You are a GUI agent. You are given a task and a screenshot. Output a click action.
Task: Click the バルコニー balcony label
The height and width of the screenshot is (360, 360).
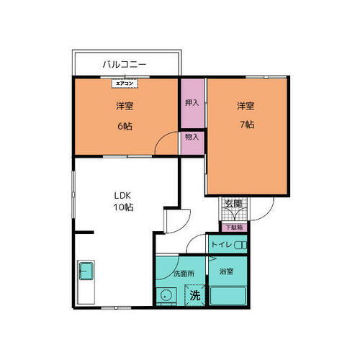pyautogui.click(x=124, y=64)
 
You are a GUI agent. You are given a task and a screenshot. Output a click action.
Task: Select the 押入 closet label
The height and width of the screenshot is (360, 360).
pyautogui.click(x=192, y=103)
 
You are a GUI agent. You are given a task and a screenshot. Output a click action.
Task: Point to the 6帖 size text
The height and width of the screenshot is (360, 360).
pyautogui.click(x=124, y=125)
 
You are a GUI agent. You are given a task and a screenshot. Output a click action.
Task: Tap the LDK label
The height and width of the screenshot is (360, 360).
pyautogui.click(x=121, y=194)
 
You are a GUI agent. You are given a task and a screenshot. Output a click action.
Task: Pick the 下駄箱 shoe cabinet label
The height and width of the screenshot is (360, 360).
pyautogui.click(x=233, y=228)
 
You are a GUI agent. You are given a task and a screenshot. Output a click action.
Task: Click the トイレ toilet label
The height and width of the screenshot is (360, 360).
pyautogui.click(x=220, y=246)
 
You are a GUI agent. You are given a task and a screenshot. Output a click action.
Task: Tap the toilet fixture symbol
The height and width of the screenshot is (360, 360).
pyautogui.click(x=240, y=246)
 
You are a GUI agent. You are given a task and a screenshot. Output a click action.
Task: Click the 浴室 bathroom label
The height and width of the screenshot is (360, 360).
pyautogui.click(x=225, y=271)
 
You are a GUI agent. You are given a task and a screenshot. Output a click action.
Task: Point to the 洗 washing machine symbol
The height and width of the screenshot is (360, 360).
pyautogui.click(x=194, y=295)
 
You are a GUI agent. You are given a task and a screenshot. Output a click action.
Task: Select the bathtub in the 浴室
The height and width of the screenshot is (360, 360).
pyautogui.click(x=228, y=295)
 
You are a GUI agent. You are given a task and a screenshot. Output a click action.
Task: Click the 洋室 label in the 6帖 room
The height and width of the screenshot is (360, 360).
pyautogui.click(x=124, y=107)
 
